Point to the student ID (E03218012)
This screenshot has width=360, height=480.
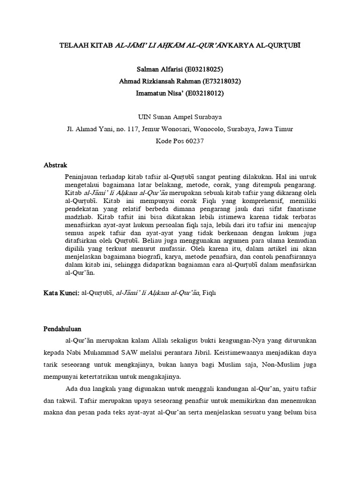click(x=205, y=93)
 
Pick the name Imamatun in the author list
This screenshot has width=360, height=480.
click(x=149, y=93)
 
